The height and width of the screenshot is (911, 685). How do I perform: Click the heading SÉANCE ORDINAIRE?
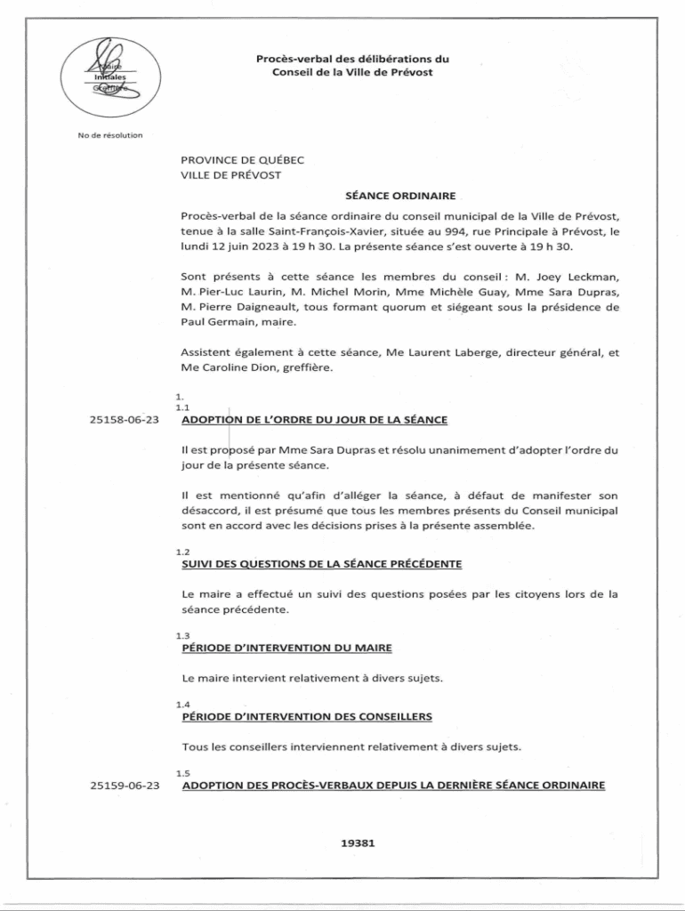tap(400, 195)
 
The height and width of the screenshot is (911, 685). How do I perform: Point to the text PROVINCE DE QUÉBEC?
tap(242, 160)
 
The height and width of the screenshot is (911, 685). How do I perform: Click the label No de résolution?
tap(110, 135)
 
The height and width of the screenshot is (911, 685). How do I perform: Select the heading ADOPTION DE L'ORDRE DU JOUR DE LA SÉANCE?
tap(314, 420)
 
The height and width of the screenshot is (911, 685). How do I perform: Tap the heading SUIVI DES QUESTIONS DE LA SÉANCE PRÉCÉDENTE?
tap(321, 565)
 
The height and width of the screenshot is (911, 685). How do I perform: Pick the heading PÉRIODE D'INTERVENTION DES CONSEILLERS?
tap(307, 716)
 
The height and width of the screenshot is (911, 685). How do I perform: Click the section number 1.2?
tap(183, 552)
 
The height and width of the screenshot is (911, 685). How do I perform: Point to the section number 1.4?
tap(183, 704)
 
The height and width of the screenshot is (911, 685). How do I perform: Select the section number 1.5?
tap(183, 772)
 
